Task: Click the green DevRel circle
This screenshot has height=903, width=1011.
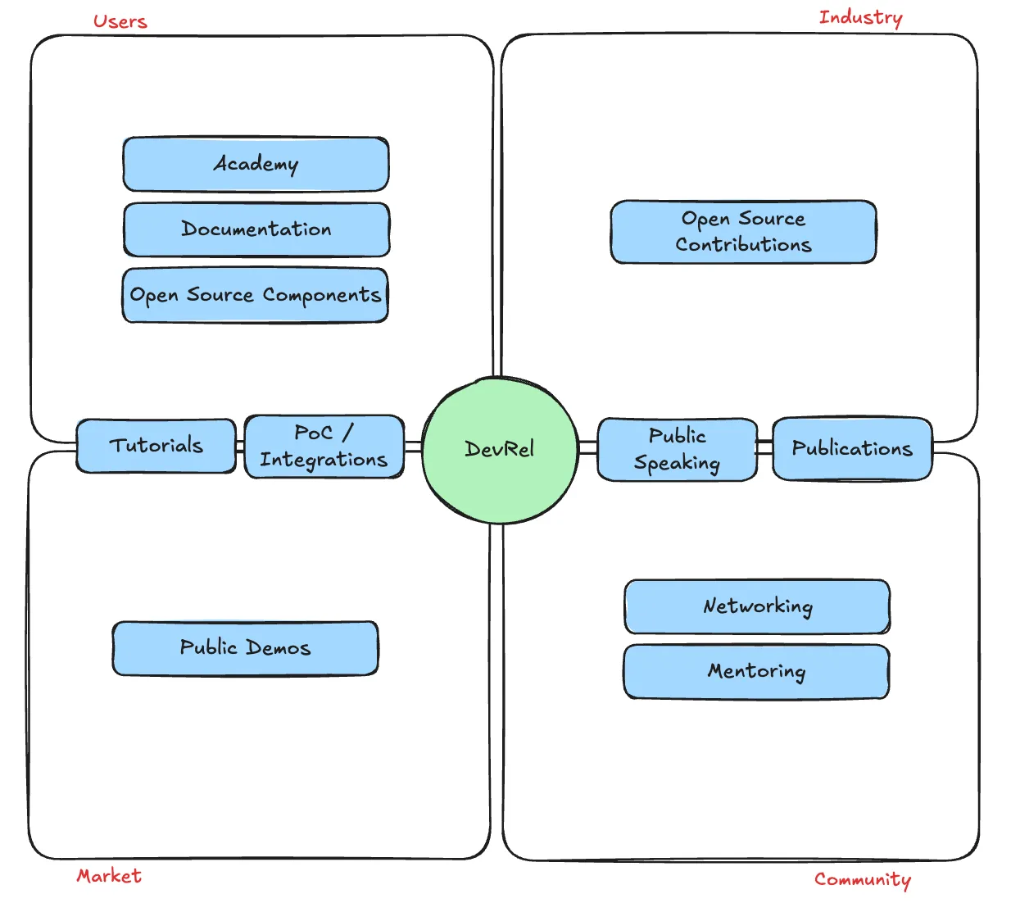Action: coord(500,449)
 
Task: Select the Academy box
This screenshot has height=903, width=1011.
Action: coord(256,164)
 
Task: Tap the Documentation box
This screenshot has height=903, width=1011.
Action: coord(256,229)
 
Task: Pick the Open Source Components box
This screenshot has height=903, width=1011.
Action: coord(255,295)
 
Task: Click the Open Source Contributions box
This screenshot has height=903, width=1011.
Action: coord(743,232)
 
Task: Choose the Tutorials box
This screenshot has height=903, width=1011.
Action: coord(156,446)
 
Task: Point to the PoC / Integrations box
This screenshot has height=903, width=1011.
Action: coord(324,447)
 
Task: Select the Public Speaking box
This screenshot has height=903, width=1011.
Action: coord(678,449)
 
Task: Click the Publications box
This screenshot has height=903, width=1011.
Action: coord(852,448)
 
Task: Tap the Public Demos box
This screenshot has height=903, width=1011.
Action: coord(245,648)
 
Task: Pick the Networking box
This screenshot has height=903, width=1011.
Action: coord(757,606)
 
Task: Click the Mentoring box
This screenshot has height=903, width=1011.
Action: coord(756,671)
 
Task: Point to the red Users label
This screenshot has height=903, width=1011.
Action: coord(120,21)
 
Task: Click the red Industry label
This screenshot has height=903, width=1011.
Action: coord(861,18)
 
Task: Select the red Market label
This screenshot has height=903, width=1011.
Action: coord(109,875)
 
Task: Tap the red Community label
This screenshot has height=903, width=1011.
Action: coord(863,879)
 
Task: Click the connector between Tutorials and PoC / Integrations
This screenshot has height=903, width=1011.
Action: coord(240,447)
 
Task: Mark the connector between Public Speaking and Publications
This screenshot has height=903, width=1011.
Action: coord(764,447)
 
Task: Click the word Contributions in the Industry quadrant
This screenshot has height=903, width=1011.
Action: coord(744,244)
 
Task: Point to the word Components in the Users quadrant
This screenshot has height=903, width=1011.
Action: coord(322,296)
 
